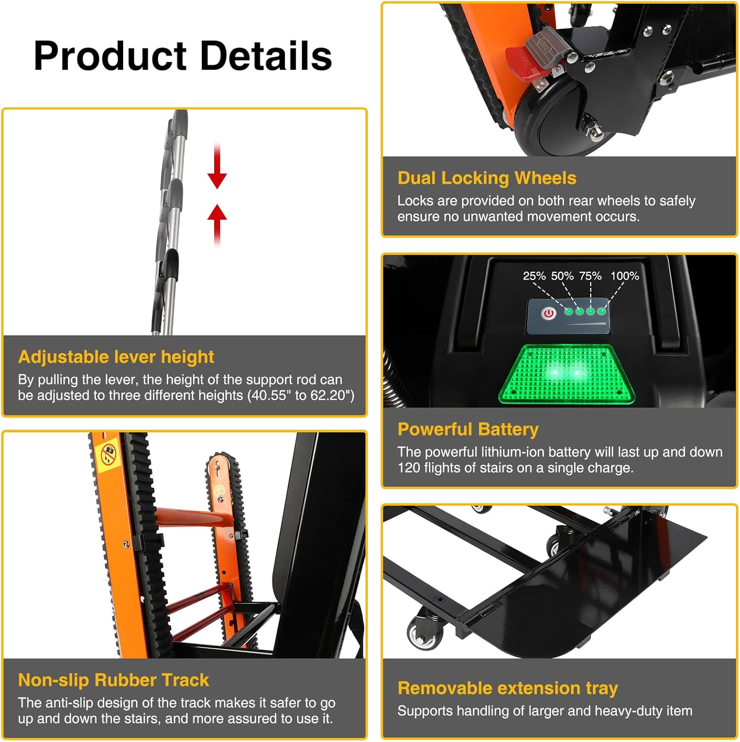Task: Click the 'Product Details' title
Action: (183, 56)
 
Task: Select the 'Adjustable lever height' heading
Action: (116, 357)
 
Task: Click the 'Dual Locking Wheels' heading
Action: (487, 178)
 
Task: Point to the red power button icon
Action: (548, 313)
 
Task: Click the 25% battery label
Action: (534, 276)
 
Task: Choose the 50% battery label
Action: (562, 276)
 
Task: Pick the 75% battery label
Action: (590, 276)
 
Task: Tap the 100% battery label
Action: (625, 276)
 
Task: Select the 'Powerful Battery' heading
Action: (468, 429)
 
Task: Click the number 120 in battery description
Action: (409, 468)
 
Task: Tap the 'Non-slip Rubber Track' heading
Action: (113, 680)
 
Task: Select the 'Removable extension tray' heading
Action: (508, 688)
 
